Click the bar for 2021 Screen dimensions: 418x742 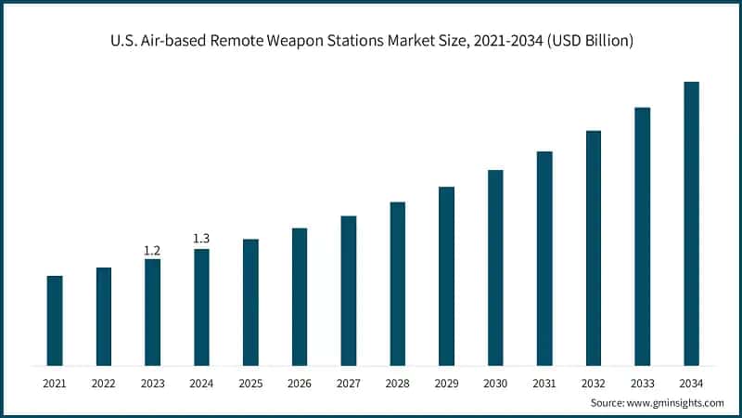(x=55, y=320)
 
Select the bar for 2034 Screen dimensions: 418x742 (x=691, y=223)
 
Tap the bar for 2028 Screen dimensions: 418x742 (x=397, y=283)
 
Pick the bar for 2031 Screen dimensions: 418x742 (x=544, y=258)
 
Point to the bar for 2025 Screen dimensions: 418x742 (x=250, y=302)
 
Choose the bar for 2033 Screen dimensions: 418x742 (x=642, y=236)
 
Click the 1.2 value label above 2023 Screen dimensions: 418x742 (x=152, y=251)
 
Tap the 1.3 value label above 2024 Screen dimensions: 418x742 (x=201, y=240)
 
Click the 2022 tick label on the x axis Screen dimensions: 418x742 (x=104, y=383)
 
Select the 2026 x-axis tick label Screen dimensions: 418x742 (x=300, y=383)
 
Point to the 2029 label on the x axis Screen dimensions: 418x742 (x=446, y=383)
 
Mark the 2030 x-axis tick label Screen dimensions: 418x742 (x=495, y=383)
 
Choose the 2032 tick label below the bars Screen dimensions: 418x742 (x=594, y=383)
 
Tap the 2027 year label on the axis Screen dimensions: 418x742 (x=349, y=383)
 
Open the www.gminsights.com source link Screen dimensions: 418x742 (x=677, y=403)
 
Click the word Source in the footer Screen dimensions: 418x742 (x=608, y=403)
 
